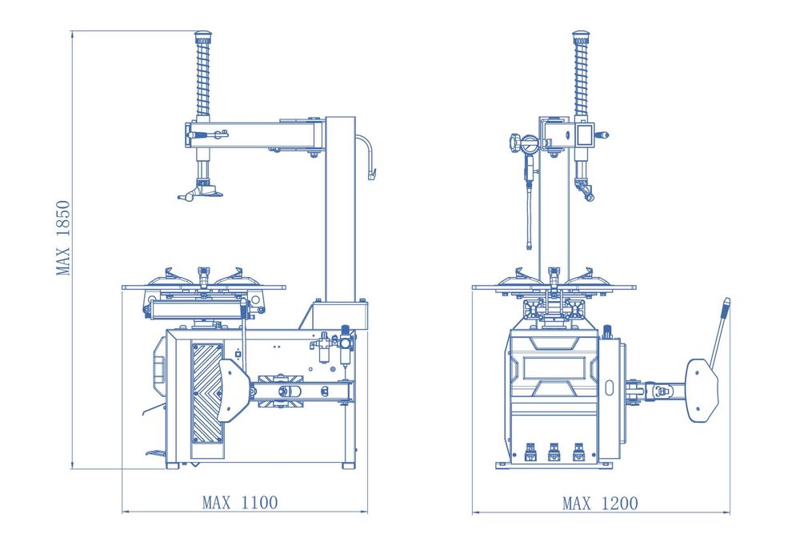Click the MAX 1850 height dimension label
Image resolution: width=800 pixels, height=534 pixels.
point(62,238)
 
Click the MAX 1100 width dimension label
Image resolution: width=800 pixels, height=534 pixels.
point(240,502)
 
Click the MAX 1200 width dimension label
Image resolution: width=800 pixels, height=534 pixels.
point(600,504)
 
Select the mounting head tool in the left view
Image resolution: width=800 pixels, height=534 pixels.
point(201,191)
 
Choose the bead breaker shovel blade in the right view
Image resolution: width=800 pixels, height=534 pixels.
point(702,391)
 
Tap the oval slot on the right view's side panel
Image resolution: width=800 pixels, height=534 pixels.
point(609,387)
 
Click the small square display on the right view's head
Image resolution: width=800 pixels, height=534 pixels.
point(584,135)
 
